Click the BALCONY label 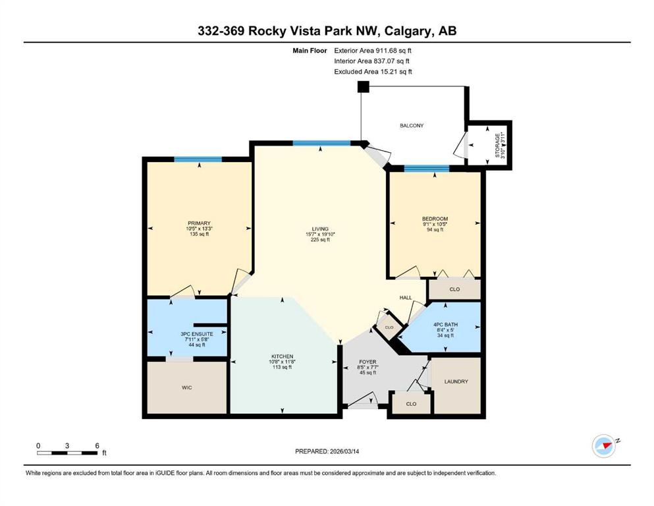click(411, 126)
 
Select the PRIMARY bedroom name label click(199, 223)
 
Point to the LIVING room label click(320, 229)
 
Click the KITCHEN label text click(282, 356)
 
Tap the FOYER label click(368, 362)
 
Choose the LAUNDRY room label click(456, 381)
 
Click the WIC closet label click(187, 387)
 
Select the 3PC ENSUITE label click(197, 334)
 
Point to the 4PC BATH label click(445, 325)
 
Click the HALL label click(406, 298)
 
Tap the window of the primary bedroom click(198, 159)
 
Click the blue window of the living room click(321, 143)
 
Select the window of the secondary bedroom click(427, 169)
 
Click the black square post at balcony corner click(364, 87)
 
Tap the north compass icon click(604, 446)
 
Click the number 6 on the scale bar click(97, 445)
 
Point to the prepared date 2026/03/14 click(344, 451)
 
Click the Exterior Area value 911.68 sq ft click(394, 51)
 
